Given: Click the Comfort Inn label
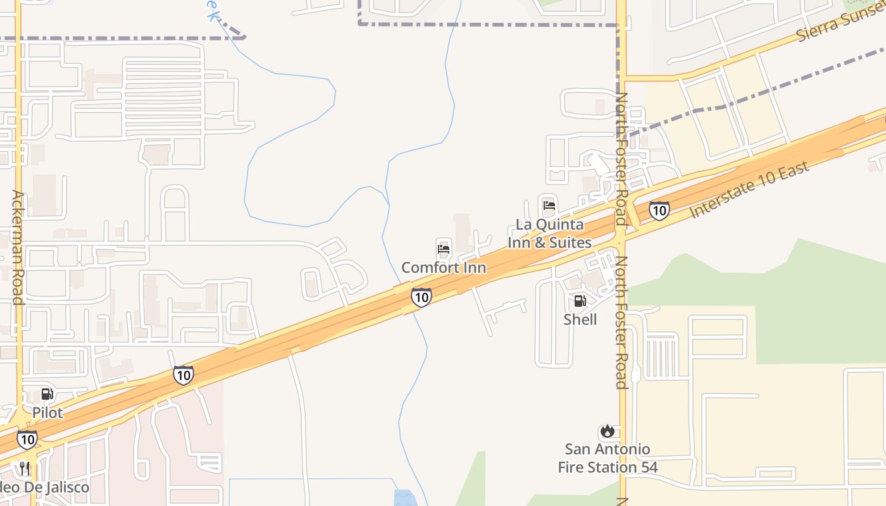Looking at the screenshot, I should [444, 268].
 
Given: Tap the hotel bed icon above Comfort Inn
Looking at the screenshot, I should [444, 249].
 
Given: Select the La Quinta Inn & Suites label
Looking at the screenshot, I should [549, 233].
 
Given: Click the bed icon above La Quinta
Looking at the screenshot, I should [549, 205].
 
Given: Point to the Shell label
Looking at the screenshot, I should [580, 319].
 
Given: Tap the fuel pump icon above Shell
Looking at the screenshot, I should [580, 301].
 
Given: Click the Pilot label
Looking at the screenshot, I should [47, 413].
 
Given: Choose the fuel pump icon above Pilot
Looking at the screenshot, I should [47, 394].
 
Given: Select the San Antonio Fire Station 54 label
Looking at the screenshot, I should [608, 459].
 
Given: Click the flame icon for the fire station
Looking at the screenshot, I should [608, 431].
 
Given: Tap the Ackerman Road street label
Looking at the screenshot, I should [18, 247].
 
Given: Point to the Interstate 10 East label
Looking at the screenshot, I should [749, 190].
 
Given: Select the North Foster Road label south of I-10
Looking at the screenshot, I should [621, 323].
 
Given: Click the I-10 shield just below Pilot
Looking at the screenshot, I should [27, 439].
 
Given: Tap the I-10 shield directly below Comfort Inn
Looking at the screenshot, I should [421, 297].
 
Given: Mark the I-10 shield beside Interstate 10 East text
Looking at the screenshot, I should [659, 211].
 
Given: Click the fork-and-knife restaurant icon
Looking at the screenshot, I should [25, 469].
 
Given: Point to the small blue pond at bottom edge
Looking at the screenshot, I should [405, 498].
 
